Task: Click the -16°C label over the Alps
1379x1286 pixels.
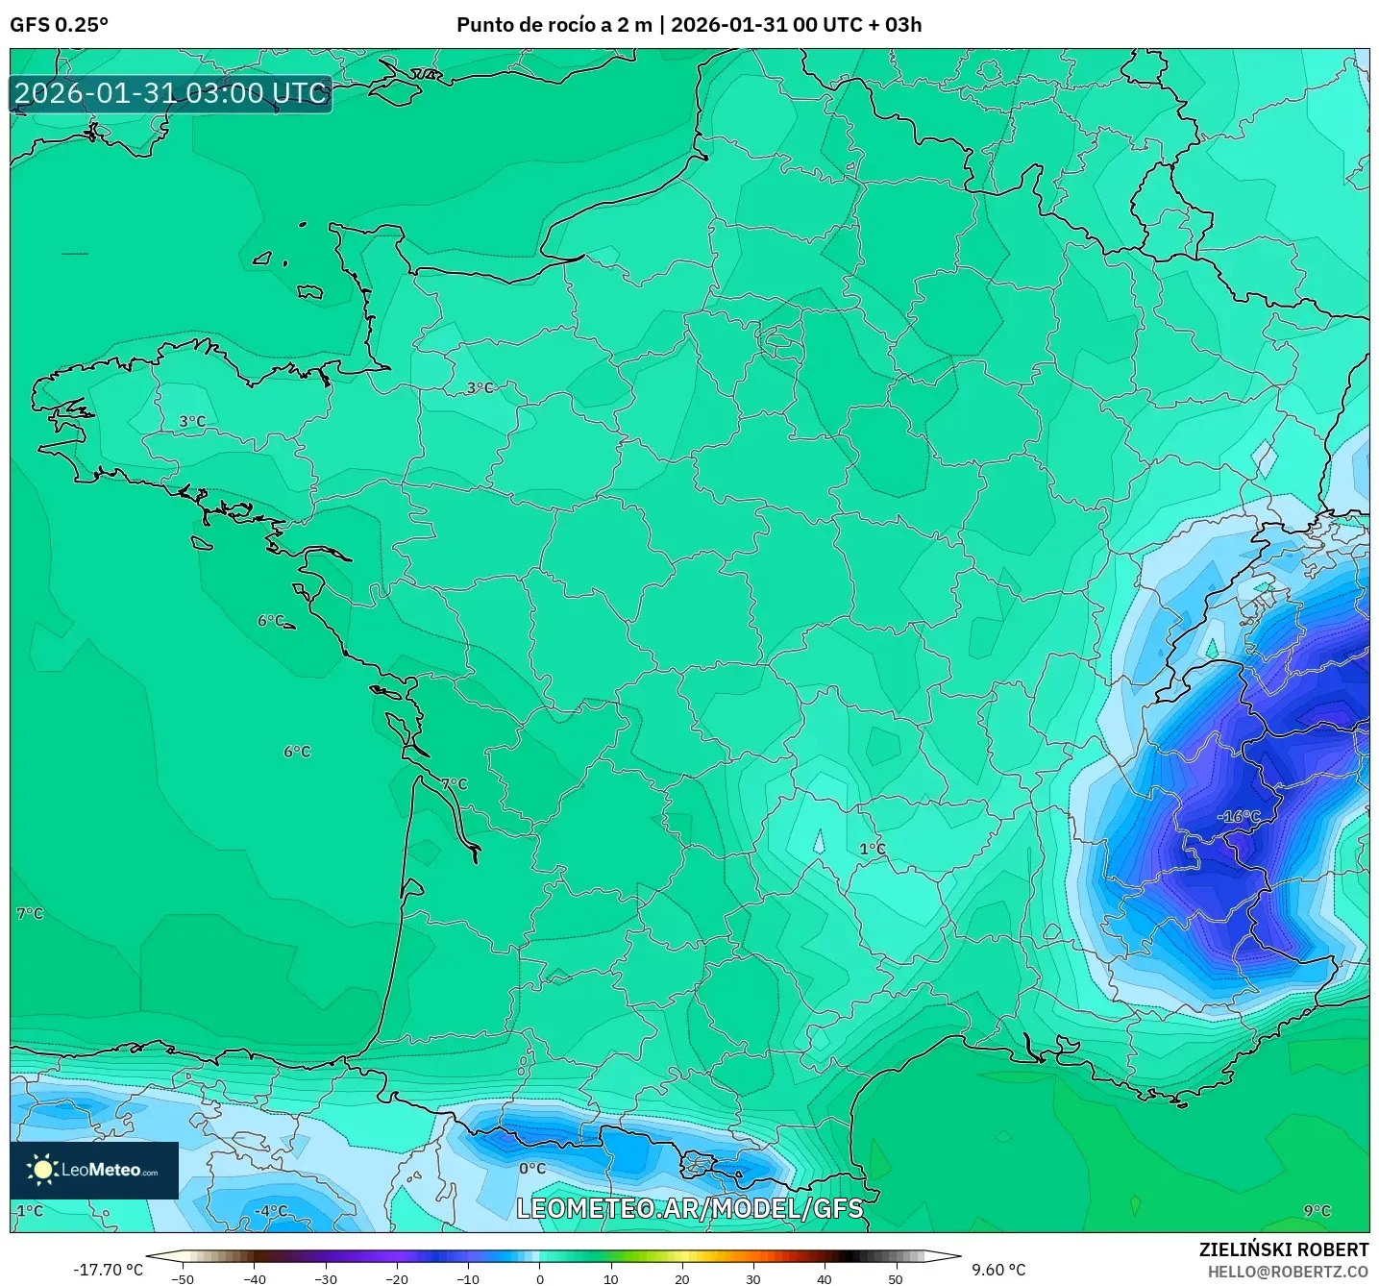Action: [x=1239, y=817]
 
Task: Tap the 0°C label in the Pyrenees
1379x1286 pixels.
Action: [x=532, y=1169]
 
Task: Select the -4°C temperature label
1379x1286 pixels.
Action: [x=271, y=1211]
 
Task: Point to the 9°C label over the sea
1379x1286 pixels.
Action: [x=1317, y=1211]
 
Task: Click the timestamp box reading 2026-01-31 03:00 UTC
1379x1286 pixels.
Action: [x=171, y=93]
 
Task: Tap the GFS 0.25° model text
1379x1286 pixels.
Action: [x=59, y=25]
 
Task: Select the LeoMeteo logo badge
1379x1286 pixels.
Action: [x=94, y=1170]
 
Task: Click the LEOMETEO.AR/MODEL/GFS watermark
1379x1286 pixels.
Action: [x=689, y=1208]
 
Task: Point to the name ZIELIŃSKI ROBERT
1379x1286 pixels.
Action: [x=1283, y=1249]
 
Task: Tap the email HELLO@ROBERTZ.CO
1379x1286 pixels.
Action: [x=1288, y=1272]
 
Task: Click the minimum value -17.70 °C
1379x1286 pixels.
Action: [x=108, y=1270]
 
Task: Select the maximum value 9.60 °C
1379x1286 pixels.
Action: [x=998, y=1270]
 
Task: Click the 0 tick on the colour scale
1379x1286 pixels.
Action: [x=539, y=1278]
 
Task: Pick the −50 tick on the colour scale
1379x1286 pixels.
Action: [x=182, y=1278]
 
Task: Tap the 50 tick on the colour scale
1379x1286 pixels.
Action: [x=896, y=1278]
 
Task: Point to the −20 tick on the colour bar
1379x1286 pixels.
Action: [x=396, y=1278]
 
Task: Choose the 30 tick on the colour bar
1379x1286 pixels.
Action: [x=753, y=1278]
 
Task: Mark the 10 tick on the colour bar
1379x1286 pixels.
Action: [x=610, y=1278]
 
